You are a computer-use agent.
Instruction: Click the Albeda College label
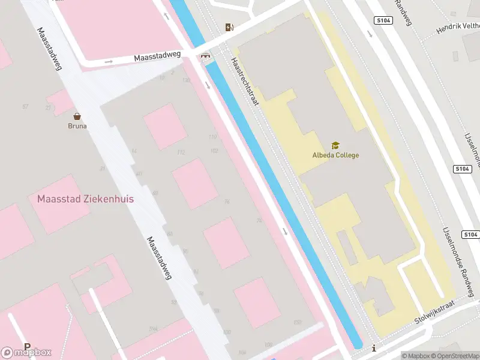[x=335, y=155]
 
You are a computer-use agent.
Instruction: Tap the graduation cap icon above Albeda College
[x=335, y=145]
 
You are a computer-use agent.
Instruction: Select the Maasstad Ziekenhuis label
[x=85, y=199]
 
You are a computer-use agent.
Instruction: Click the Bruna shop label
[x=77, y=126]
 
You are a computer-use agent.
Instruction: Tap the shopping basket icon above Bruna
[x=77, y=116]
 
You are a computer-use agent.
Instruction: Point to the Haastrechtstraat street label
[x=245, y=82]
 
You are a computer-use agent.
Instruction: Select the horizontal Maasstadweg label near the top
[x=157, y=56]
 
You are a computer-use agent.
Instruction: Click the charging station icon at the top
[x=229, y=27]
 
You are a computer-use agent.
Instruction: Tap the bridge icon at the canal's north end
[x=206, y=57]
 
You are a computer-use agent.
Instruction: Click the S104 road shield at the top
[x=384, y=20]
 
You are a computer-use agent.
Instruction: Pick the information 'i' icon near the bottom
[x=374, y=348]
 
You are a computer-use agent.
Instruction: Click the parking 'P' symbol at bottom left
[x=27, y=347]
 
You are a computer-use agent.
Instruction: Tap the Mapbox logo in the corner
[x=26, y=352]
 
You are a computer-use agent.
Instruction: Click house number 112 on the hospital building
[x=181, y=152]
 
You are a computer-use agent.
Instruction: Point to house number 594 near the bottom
[x=153, y=329]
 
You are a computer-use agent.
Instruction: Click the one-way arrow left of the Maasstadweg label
[x=109, y=61]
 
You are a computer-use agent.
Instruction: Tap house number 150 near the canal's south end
[x=298, y=323]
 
